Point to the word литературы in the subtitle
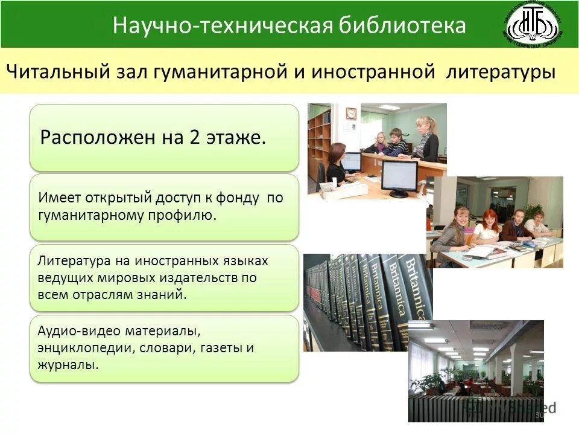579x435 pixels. point(501,72)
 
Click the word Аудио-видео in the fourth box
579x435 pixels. point(80,332)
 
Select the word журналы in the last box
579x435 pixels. point(66,365)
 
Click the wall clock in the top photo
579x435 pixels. point(351,113)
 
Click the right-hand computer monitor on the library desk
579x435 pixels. point(398,176)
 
